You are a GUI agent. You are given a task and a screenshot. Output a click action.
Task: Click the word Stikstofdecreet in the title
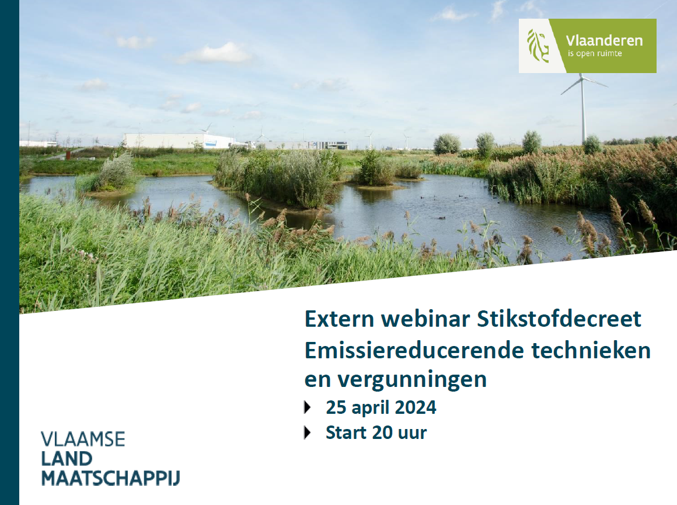click(559, 319)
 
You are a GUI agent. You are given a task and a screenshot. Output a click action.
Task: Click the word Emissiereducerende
click(414, 350)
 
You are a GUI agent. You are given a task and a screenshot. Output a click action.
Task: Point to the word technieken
click(591, 350)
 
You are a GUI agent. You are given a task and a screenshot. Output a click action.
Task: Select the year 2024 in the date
click(416, 407)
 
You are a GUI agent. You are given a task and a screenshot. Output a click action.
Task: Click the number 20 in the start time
click(382, 433)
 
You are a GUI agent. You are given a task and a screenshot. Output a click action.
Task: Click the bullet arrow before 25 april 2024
click(308, 407)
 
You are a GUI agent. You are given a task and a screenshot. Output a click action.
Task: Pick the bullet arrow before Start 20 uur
click(308, 433)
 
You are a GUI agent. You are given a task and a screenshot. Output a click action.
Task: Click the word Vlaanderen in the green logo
click(604, 41)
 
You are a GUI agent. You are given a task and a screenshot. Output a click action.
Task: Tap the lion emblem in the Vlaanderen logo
click(538, 46)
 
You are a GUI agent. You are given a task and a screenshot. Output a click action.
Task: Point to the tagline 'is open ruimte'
click(595, 54)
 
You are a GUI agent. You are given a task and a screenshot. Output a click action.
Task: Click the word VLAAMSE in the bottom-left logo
click(83, 440)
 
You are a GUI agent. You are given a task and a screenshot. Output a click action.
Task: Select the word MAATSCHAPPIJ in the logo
click(110, 478)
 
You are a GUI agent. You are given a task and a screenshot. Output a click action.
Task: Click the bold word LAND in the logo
click(67, 459)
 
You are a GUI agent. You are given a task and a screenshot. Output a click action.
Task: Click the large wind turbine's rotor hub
click(582, 78)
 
